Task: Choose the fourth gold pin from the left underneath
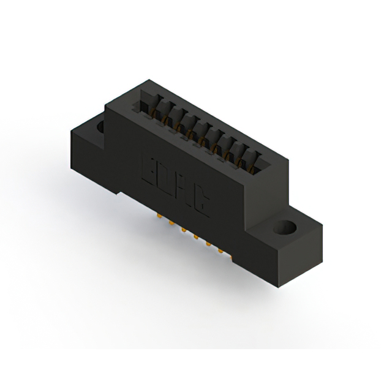coord(195,236)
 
